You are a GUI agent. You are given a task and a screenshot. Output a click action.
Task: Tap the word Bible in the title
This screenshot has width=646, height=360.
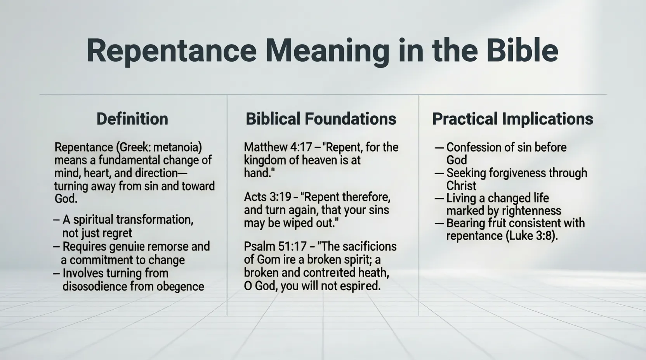point(522,50)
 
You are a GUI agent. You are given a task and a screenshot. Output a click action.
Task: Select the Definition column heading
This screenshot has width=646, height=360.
point(132,119)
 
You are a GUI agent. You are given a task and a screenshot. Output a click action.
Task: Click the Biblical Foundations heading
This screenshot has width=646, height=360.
point(321,119)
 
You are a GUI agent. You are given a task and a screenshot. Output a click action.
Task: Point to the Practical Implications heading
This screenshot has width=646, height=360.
point(512,119)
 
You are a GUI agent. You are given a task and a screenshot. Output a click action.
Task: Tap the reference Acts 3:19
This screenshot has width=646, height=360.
point(267,197)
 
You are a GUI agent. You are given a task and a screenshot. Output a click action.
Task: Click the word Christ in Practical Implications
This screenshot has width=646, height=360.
point(461,185)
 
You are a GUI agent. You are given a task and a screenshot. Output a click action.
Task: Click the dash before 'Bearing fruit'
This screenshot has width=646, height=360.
point(439,223)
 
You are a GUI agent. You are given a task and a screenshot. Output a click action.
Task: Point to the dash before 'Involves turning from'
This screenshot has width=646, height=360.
point(56,273)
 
